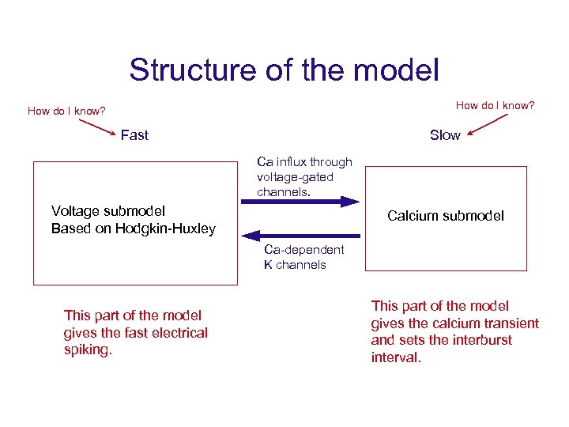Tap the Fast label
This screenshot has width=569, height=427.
pos(134,135)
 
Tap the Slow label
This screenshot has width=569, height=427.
pos(445,135)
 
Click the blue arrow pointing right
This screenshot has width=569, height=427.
pos(300,202)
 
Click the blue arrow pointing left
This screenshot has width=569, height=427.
pos(300,235)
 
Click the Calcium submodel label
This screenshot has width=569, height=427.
pos(446,216)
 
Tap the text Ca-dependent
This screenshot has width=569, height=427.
pos(304,250)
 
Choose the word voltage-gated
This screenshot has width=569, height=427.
pos(295,177)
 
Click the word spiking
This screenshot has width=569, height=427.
pos(88,350)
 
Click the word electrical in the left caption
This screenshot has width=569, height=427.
pos(179,332)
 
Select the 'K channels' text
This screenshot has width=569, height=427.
pos(295,265)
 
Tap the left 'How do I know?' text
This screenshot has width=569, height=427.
pos(66,111)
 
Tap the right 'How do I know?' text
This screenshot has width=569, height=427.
pos(495,105)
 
